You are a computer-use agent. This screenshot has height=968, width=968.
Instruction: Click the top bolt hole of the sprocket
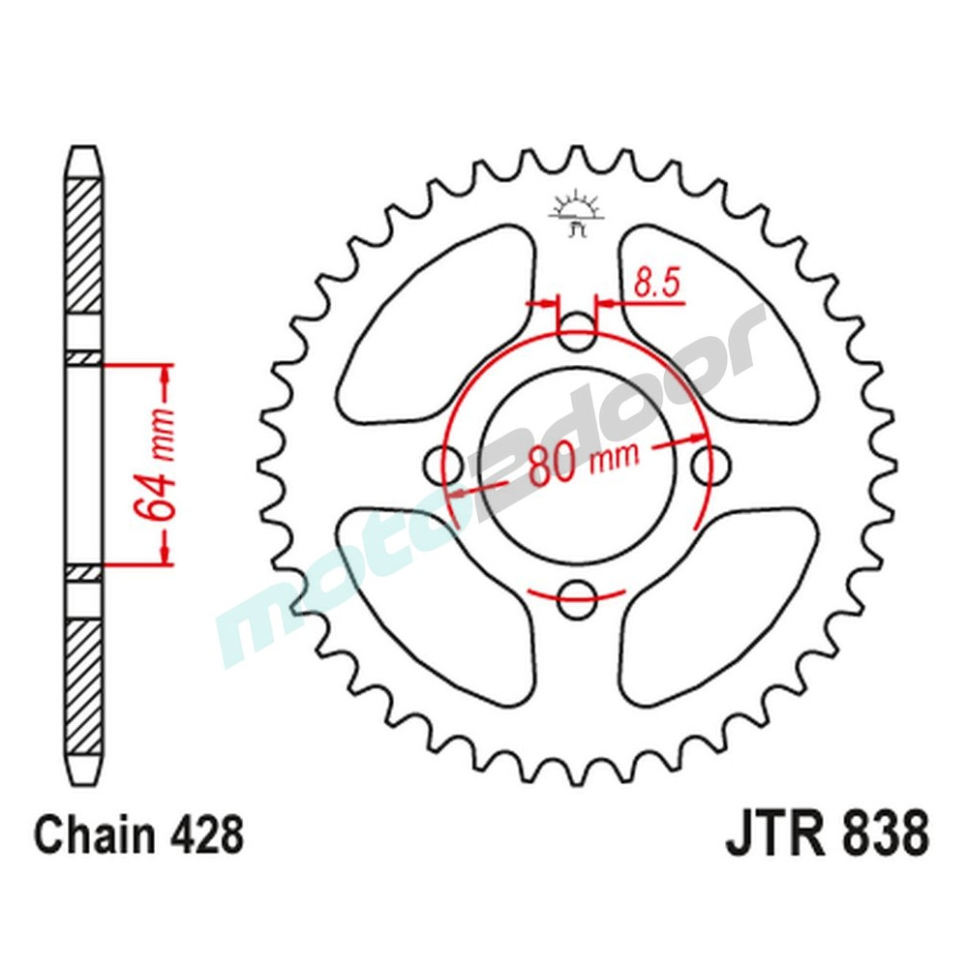[577, 330]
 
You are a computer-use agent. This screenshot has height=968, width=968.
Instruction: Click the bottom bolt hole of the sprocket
[577, 595]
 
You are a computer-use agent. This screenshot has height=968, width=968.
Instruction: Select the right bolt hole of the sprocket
[710, 463]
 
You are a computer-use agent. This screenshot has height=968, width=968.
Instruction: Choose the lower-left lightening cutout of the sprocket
[436, 600]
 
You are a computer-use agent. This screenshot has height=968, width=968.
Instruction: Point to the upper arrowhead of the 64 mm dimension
[166, 374]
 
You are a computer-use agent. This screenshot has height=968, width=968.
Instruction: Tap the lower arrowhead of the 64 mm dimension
[166, 554]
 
